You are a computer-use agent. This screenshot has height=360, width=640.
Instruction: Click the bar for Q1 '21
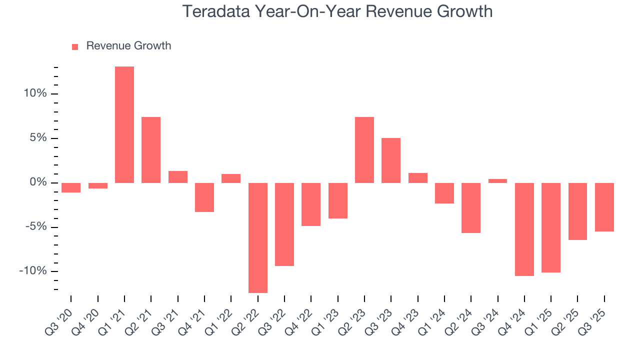click(124, 124)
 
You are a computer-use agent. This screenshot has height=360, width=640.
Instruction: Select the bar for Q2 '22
click(257, 237)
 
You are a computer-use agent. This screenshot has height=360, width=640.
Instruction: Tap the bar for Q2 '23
click(364, 150)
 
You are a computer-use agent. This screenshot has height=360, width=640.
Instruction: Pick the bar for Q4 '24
click(524, 229)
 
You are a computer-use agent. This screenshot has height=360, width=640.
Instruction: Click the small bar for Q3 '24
click(497, 181)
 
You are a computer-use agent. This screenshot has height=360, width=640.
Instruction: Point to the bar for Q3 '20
click(71, 187)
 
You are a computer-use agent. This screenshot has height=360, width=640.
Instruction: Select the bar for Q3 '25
click(604, 207)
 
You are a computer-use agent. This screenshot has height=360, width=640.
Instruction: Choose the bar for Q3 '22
click(284, 224)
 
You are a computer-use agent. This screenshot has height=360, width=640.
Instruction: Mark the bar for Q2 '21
click(151, 150)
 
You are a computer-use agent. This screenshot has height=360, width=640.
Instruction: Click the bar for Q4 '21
click(204, 197)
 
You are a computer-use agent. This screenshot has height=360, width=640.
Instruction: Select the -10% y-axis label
click(33, 271)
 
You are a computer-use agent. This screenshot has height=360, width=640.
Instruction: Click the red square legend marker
click(75, 47)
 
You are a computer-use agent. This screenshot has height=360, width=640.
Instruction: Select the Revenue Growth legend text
click(128, 46)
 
